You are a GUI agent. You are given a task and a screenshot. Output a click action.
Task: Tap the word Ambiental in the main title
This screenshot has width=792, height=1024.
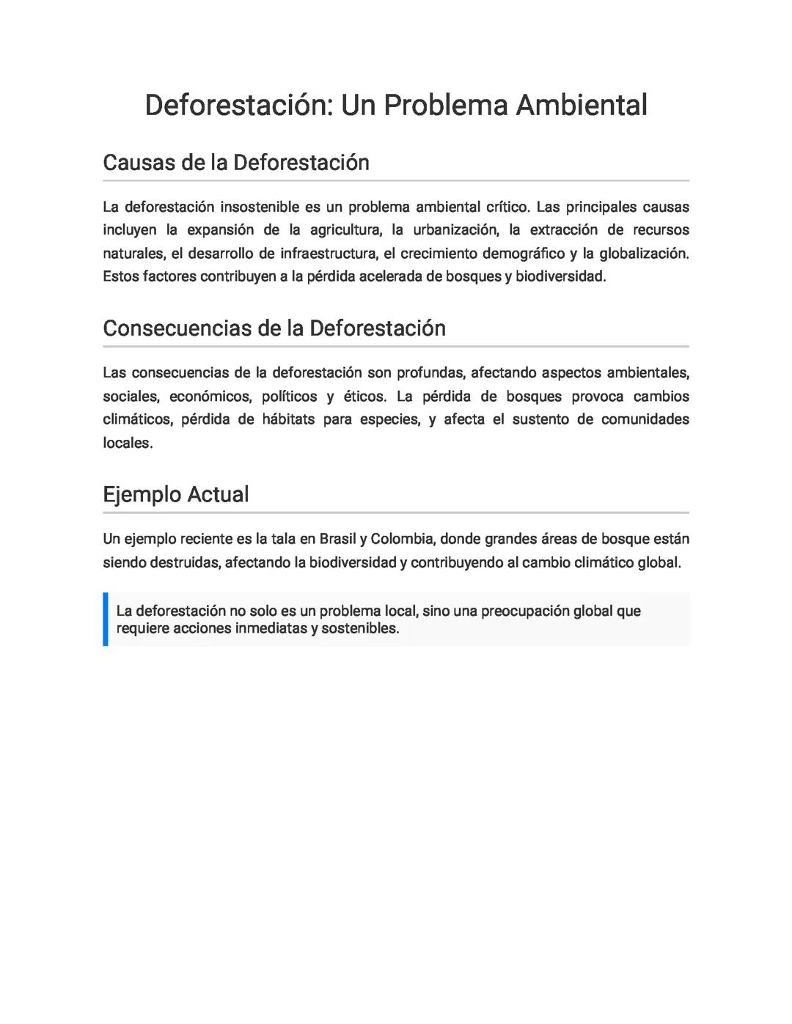click(x=582, y=105)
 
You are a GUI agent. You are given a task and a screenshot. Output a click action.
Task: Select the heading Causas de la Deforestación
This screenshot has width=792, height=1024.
click(x=236, y=162)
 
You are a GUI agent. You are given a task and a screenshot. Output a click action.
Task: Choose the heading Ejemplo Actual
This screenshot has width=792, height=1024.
click(x=176, y=494)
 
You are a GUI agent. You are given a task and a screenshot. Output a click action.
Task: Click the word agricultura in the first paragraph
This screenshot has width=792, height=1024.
click(x=345, y=230)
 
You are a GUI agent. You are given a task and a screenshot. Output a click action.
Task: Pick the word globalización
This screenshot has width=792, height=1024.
click(x=644, y=254)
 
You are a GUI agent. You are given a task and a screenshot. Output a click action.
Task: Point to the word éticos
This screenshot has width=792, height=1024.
click(x=364, y=397)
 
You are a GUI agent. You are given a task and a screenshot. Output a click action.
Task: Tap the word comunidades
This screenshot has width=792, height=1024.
click(x=645, y=419)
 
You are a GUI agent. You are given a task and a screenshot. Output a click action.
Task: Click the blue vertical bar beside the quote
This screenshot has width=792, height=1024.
click(x=106, y=619)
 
